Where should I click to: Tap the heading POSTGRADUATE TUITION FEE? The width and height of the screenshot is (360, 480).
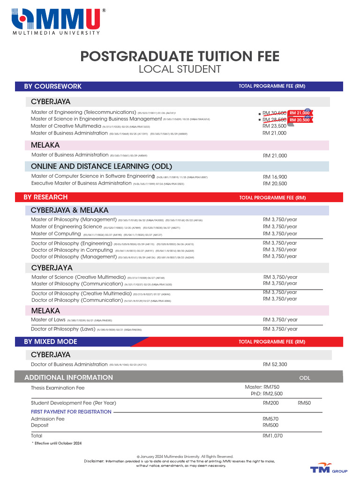pos(180,57)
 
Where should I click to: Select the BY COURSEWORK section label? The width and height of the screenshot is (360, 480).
pos(52,86)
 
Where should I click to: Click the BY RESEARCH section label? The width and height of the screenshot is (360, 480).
pos(45,197)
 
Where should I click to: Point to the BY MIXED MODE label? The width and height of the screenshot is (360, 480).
pos(51,342)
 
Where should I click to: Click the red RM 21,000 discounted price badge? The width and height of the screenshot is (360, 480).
pos(300,113)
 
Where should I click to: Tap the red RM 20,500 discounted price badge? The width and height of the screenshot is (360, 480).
pos(300,120)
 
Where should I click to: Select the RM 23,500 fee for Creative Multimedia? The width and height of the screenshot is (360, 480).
pos(274,126)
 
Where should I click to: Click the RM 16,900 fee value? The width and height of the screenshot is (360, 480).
pos(275,177)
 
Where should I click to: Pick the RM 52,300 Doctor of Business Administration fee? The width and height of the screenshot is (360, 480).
pos(275,364)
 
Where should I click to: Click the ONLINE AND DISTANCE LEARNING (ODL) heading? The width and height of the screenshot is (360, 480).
pos(101,166)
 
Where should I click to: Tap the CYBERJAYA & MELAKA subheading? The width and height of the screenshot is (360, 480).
pos(69,210)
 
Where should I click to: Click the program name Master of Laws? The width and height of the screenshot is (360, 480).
pos(48,320)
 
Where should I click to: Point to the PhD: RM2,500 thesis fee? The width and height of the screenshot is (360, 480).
pos(266,394)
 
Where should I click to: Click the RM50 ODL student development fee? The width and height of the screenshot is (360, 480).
pos(304,403)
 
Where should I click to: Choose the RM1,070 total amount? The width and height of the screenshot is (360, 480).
pos(272,435)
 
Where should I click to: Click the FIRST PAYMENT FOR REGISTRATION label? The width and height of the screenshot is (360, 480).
pos(71,412)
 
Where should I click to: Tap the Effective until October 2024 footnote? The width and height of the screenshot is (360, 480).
pos(57,443)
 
